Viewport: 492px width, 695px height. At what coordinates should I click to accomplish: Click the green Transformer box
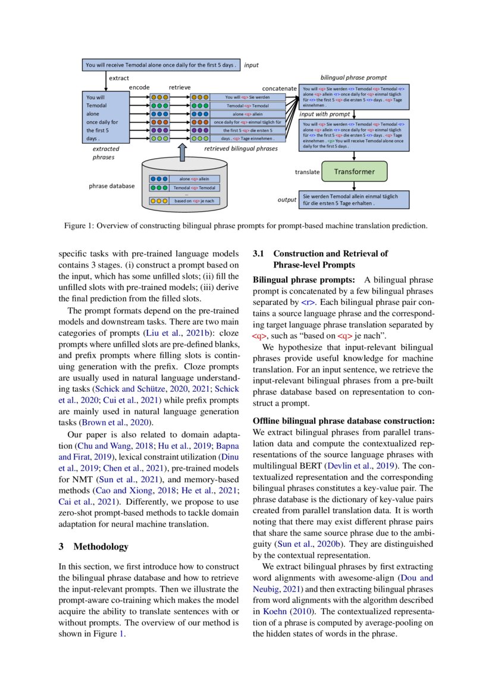(x=354, y=172)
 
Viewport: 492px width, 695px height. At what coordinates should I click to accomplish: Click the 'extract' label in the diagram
(x=118, y=78)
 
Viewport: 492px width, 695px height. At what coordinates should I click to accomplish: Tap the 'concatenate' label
(x=280, y=88)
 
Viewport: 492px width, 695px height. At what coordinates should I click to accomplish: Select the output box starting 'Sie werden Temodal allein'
(x=355, y=199)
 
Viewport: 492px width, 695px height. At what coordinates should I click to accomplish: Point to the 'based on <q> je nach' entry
(x=193, y=201)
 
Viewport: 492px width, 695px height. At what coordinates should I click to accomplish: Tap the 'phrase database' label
(x=111, y=186)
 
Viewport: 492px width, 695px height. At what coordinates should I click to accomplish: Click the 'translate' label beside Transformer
(x=308, y=172)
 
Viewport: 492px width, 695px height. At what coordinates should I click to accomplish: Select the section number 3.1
(x=259, y=254)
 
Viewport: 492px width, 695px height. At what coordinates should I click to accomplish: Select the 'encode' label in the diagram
(x=139, y=87)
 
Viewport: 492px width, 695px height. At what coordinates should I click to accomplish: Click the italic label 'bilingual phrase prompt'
(x=353, y=78)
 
